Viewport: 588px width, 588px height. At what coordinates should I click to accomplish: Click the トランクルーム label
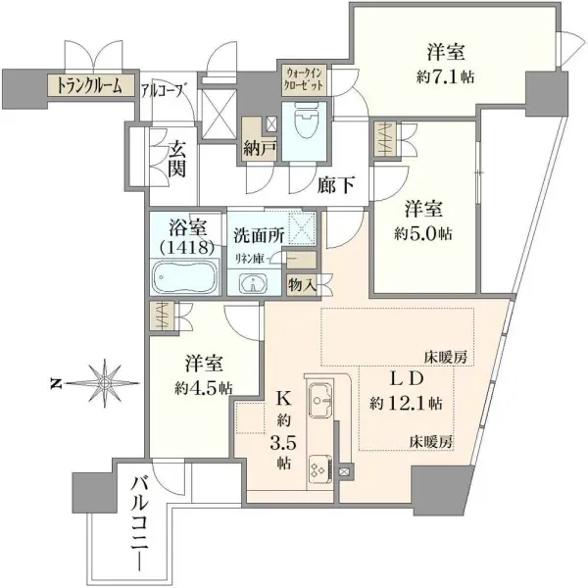pos(88,86)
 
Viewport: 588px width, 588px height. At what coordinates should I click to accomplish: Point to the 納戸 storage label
pos(260,150)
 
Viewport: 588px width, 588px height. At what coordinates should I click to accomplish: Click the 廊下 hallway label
pos(335,182)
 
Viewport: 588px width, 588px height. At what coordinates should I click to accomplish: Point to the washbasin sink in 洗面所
pos(254,284)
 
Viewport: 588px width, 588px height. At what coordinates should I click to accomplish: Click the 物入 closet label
pos(301,284)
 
